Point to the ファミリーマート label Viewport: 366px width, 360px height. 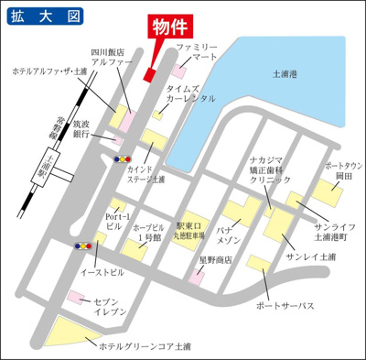(x=197, y=51)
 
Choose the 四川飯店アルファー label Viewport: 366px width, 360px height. (x=113, y=58)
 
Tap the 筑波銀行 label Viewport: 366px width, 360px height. (x=82, y=129)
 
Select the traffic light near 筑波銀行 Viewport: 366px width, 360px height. (x=121, y=158)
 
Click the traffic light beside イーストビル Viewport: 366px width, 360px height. (x=82, y=245)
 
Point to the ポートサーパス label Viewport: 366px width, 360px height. (x=285, y=305)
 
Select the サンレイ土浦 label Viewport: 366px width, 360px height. (x=310, y=258)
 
